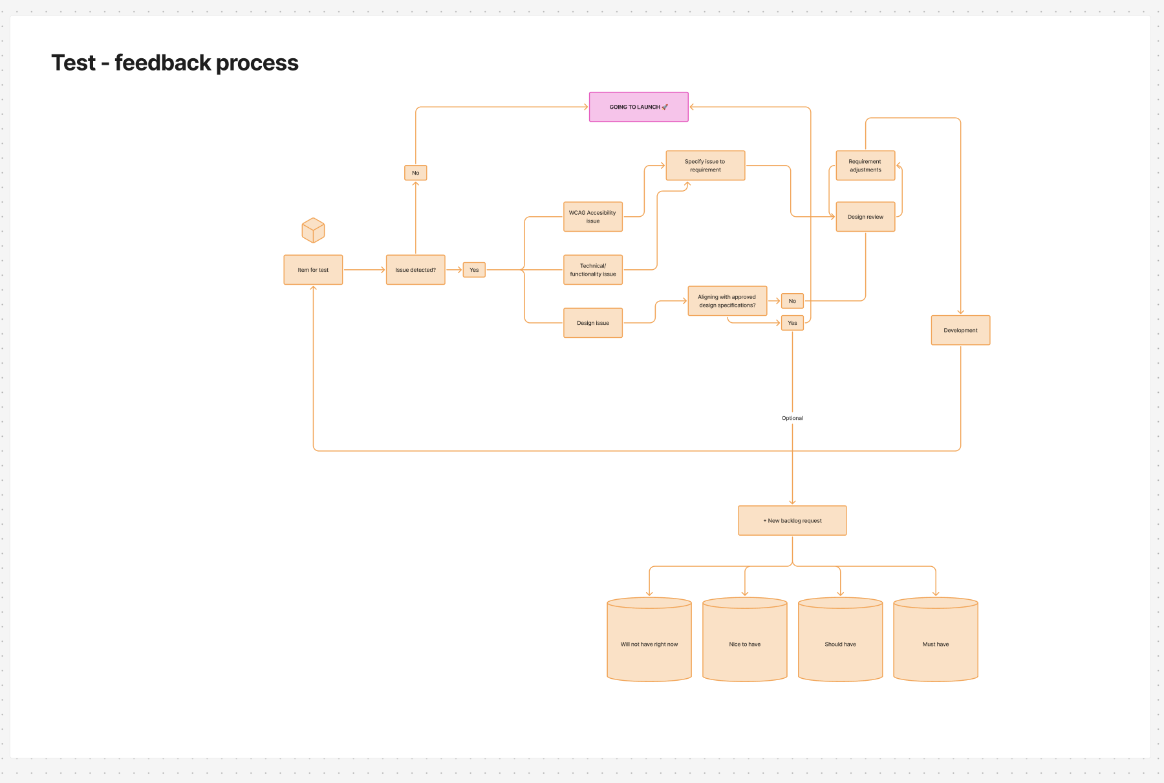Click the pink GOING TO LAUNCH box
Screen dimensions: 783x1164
(638, 107)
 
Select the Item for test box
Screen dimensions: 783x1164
(313, 270)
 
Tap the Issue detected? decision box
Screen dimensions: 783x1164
(415, 270)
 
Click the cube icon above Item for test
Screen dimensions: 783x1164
(313, 230)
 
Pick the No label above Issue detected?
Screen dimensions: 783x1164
(415, 173)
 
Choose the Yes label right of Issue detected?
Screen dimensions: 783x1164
(474, 270)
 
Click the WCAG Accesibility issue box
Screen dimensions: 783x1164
(592, 217)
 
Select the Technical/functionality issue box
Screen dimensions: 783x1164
(592, 270)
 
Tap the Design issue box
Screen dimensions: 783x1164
(592, 323)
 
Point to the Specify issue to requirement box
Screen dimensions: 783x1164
(705, 166)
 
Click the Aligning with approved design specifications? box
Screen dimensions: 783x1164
(727, 301)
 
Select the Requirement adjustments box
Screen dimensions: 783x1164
(865, 166)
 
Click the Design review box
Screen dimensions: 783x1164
(865, 217)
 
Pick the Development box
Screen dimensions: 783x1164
(960, 330)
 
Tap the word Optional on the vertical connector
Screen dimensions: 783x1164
(792, 418)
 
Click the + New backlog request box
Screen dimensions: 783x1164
(792, 520)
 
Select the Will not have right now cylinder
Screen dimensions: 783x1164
(649, 644)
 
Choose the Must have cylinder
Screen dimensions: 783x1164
(935, 644)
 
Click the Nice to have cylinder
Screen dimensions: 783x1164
(744, 644)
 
